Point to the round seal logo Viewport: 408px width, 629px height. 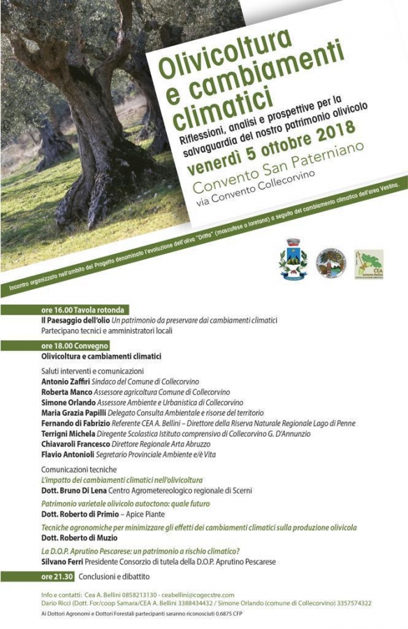(x=330, y=263)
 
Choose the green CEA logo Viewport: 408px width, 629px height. (x=368, y=263)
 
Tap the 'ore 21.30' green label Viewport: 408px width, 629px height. (x=55, y=577)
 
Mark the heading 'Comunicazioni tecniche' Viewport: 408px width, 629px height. (x=79, y=470)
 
